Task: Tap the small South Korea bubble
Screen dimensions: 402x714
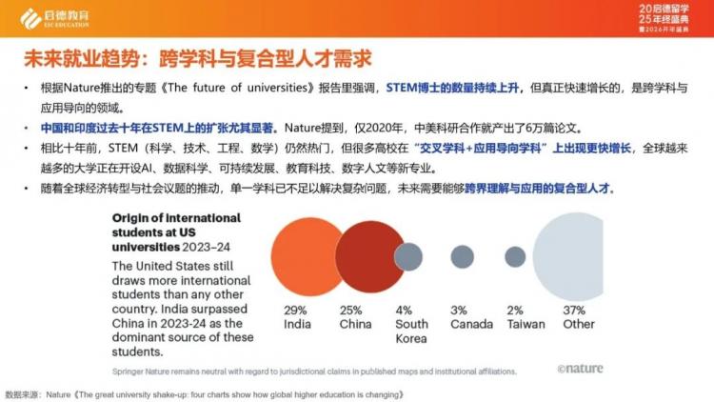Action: (408, 255)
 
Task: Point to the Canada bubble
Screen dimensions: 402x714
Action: (463, 255)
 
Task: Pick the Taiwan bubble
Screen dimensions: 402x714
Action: (515, 255)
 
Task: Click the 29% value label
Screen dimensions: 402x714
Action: (296, 311)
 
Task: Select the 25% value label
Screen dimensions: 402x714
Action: (351, 311)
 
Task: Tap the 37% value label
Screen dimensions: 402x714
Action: (574, 311)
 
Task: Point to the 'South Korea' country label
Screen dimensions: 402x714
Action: (412, 331)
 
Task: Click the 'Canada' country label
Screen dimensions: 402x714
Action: (470, 324)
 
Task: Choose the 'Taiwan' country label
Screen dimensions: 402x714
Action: (526, 324)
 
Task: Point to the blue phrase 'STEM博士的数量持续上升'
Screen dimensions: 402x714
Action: (450, 86)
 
